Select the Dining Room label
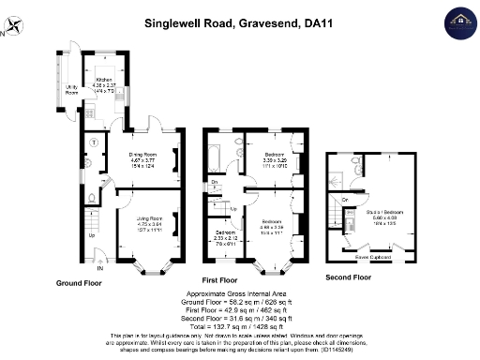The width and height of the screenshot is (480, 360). pyautogui.click(x=142, y=154)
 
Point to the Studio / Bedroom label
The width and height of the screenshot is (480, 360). pyautogui.click(x=380, y=212)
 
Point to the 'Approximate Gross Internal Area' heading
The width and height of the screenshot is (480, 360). pyautogui.click(x=241, y=294)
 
